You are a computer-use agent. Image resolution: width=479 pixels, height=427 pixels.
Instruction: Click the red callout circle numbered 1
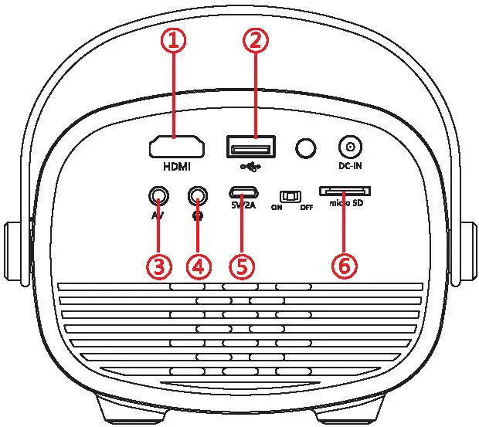click(x=176, y=42)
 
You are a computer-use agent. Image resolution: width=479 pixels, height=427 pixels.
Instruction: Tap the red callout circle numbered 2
click(x=256, y=42)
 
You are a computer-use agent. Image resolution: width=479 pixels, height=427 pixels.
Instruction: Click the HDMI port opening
click(x=176, y=146)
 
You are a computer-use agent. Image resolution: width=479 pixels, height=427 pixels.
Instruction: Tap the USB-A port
click(x=249, y=146)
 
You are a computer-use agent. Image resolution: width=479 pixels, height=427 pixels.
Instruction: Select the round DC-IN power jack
click(x=351, y=146)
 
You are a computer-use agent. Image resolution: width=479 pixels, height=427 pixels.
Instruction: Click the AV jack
click(x=158, y=194)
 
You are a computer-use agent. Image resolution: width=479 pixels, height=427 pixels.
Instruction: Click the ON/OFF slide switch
click(x=290, y=196)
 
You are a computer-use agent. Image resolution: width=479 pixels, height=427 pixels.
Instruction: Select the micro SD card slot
click(x=345, y=190)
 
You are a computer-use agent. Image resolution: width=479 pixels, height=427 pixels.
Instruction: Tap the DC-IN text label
click(x=351, y=166)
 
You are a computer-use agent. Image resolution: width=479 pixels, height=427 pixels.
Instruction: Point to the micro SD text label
click(x=345, y=204)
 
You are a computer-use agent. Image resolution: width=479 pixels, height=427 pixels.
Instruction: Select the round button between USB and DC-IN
click(x=307, y=147)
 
